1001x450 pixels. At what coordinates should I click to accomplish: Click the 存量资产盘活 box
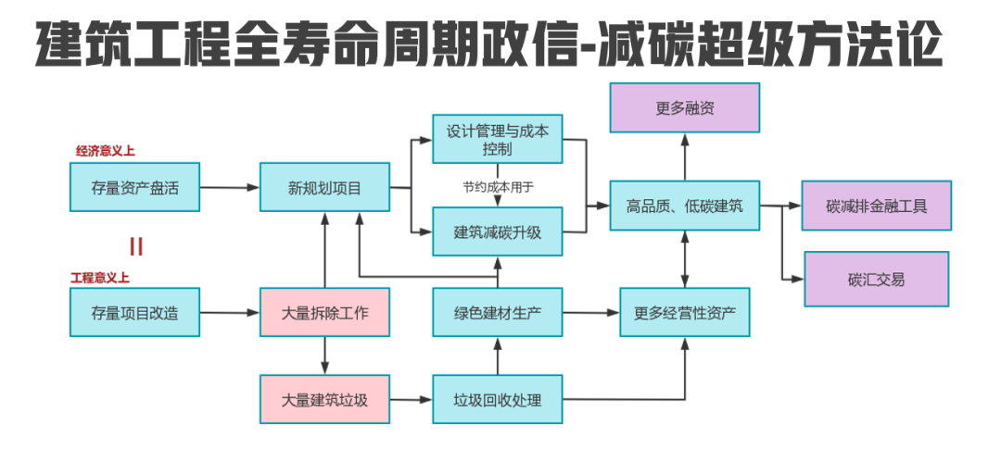(134, 188)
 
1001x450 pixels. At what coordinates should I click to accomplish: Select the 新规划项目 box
(325, 188)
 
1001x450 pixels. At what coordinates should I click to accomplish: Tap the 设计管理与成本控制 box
(498, 140)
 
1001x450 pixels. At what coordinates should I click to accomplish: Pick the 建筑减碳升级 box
(498, 231)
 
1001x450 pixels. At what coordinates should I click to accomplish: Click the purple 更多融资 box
(685, 107)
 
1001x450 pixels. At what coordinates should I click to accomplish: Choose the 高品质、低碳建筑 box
(685, 206)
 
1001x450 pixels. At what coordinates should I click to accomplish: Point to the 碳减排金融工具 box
(877, 206)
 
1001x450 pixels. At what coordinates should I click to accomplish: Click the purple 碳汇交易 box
(877, 279)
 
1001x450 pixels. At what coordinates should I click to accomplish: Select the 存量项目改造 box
(134, 312)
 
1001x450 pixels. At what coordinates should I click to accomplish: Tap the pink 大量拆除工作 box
(325, 312)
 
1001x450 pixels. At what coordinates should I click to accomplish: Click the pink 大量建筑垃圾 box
(325, 400)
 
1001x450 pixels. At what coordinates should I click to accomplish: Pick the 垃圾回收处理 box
(498, 400)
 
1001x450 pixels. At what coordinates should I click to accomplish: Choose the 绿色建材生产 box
(498, 312)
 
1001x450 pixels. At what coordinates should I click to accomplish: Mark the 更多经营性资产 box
(685, 312)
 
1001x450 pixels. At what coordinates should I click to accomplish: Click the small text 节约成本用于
(499, 186)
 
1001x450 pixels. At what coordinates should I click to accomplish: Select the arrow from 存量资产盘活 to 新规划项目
(229, 188)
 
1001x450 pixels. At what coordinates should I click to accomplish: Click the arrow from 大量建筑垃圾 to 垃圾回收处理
(412, 400)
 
